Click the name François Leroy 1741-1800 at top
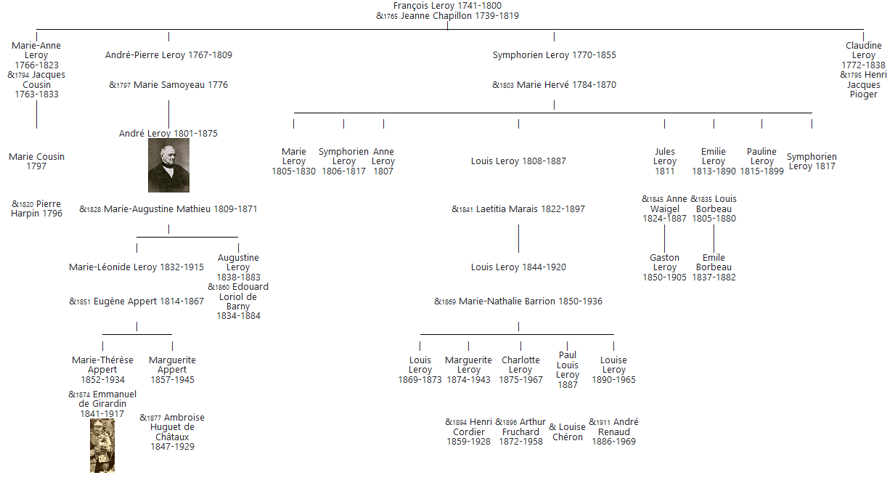click(447, 6)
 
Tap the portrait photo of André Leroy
click(168, 166)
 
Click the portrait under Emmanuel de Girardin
click(102, 445)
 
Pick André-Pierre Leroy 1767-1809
click(168, 55)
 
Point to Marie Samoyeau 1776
click(180, 85)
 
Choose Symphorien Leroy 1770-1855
click(554, 55)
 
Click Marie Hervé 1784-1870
click(565, 85)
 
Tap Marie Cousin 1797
click(36, 161)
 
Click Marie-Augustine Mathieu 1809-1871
click(180, 209)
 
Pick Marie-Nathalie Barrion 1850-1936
click(530, 301)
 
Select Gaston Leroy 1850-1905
click(664, 267)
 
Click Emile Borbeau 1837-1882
click(714, 267)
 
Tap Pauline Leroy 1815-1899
click(761, 161)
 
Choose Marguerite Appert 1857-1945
click(172, 370)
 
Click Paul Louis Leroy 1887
click(568, 370)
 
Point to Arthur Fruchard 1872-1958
click(520, 432)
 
